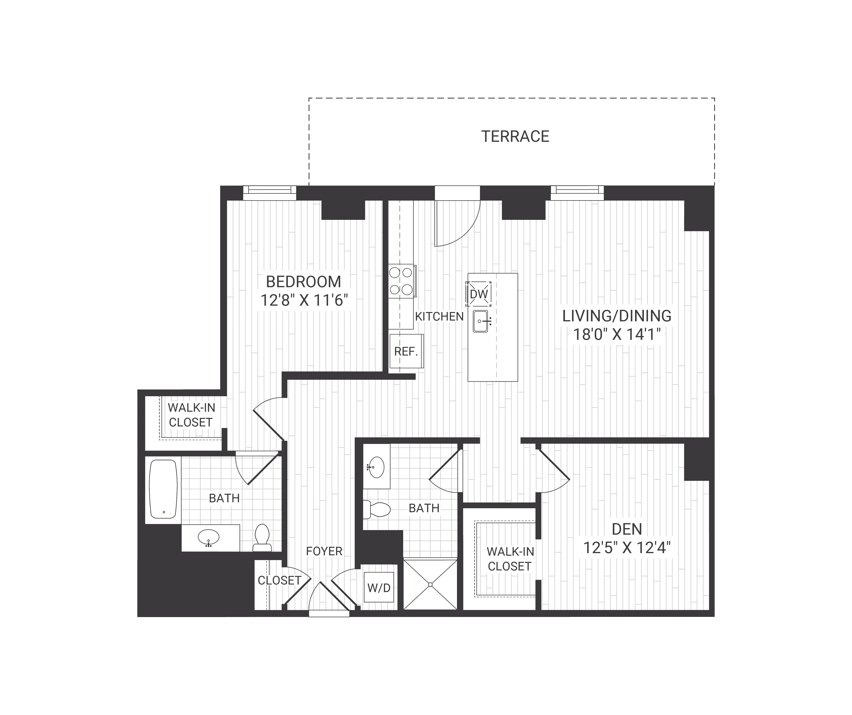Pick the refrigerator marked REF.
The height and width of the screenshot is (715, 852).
coord(406,351)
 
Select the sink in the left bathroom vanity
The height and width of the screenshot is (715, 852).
coord(209,538)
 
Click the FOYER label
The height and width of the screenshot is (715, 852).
coord(324,551)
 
